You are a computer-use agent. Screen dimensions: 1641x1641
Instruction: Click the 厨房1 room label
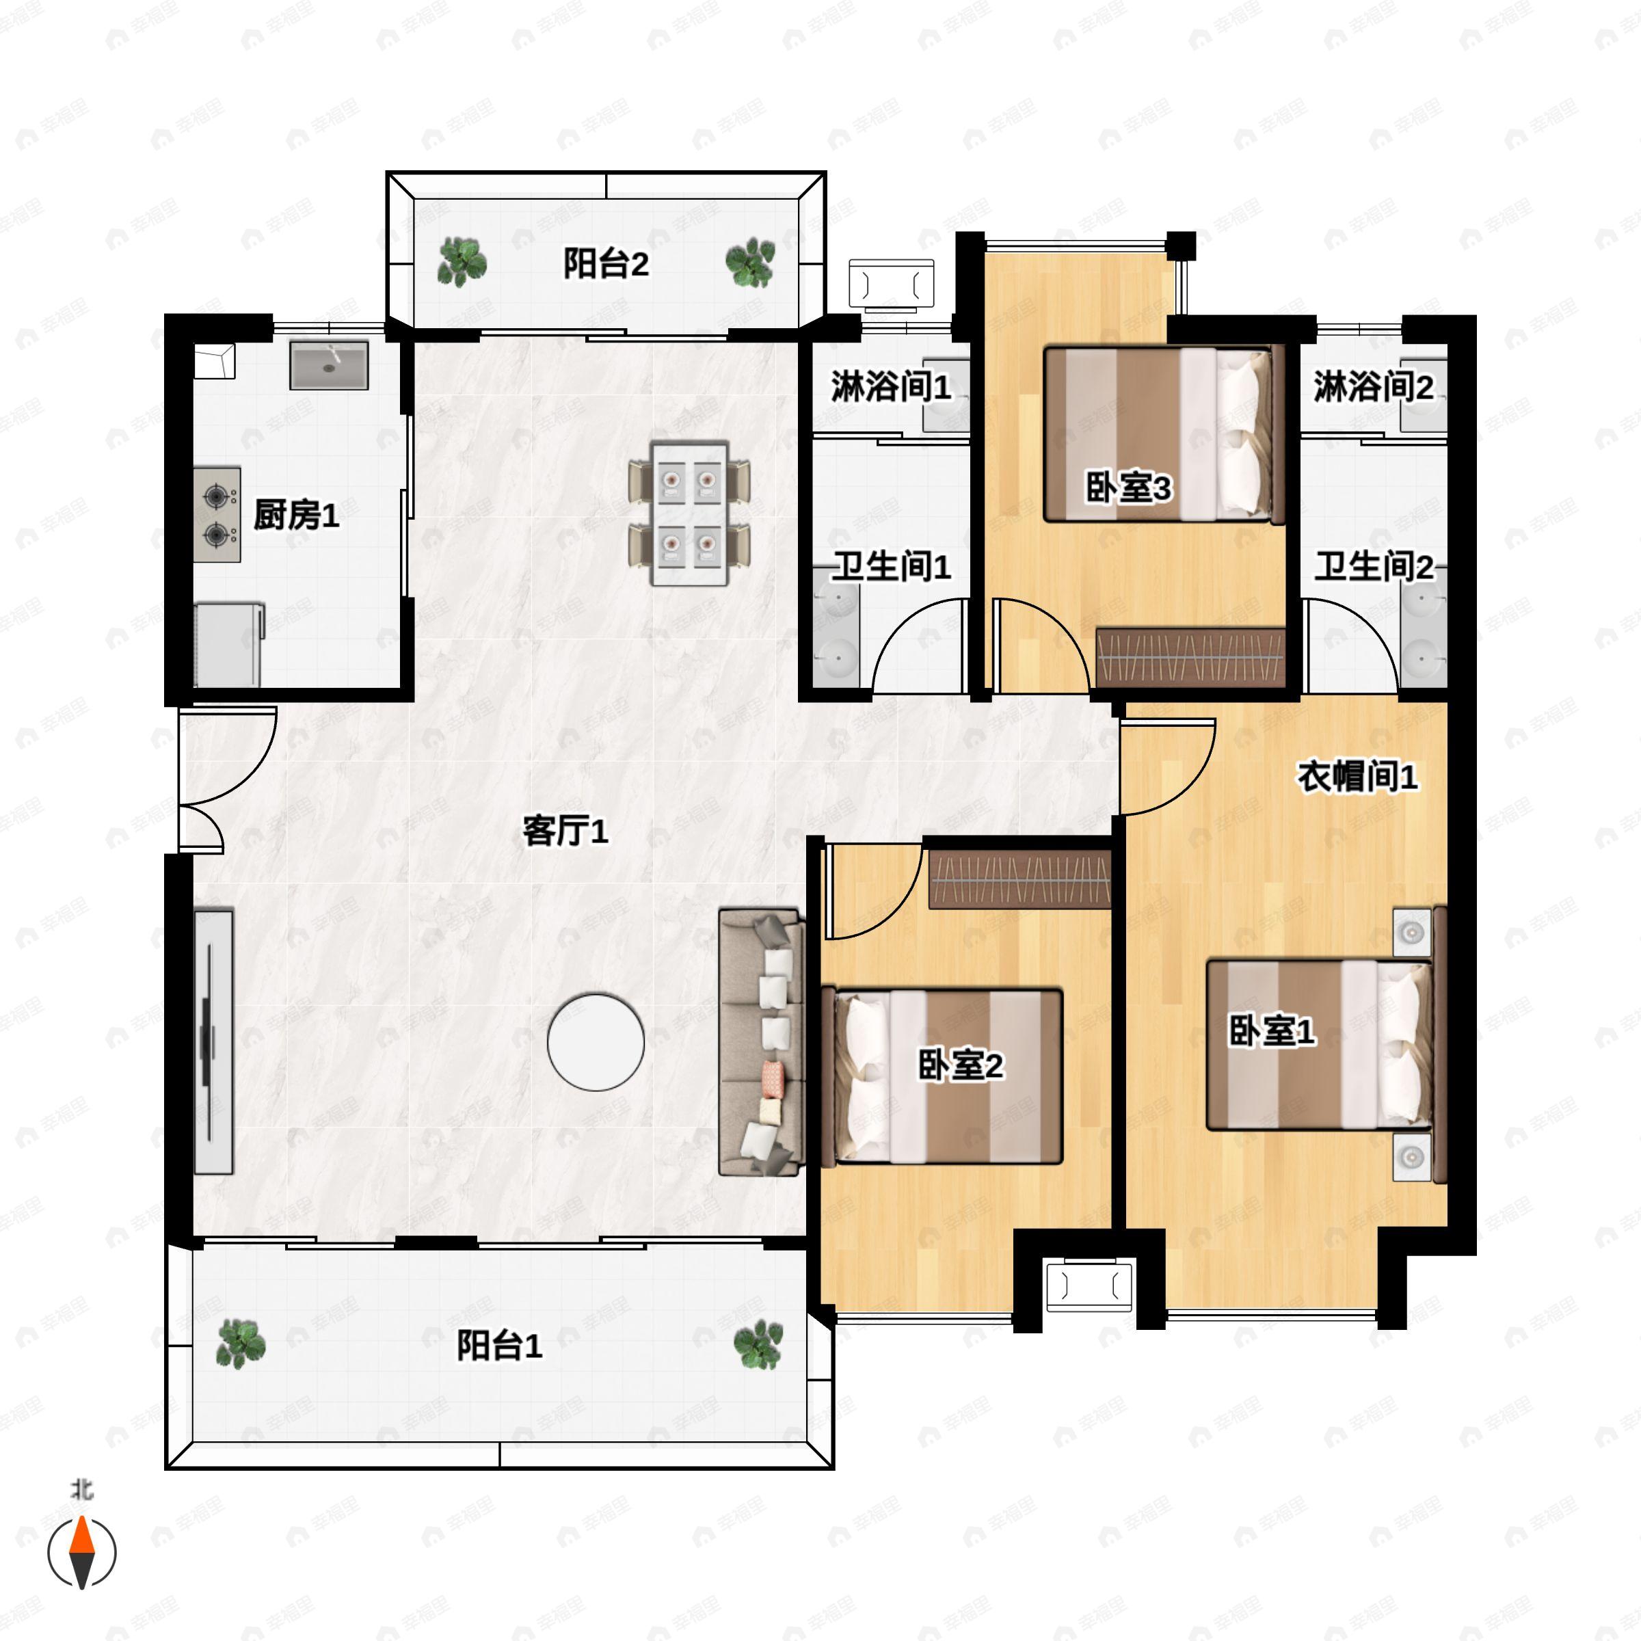pos(297,515)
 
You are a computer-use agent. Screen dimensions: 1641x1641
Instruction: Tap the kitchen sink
pos(329,365)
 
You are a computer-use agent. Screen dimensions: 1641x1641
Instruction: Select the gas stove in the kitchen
pos(217,515)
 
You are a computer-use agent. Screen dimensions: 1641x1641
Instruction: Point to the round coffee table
pos(596,1041)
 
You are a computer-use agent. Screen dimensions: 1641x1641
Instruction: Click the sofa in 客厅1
pos(762,1041)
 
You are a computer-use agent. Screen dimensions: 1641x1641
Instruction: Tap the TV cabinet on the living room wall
pos(213,1042)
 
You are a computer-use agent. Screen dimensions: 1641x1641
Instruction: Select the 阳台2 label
pos(606,263)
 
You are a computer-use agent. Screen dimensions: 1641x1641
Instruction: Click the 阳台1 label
pos(499,1346)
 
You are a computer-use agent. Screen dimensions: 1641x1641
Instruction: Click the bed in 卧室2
pos(943,1076)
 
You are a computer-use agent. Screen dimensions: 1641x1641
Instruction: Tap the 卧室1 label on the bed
pos(1272,1031)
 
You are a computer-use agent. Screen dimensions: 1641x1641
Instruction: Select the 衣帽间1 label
pos(1357,775)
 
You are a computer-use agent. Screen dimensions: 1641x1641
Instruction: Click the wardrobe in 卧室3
pos(1190,657)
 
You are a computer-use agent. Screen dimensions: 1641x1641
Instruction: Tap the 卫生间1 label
pos(890,567)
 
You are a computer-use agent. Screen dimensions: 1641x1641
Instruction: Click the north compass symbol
pos(81,1551)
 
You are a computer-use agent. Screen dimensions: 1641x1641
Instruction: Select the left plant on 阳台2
pos(462,262)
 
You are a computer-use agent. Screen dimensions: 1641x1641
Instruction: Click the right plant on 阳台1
pos(758,1344)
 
